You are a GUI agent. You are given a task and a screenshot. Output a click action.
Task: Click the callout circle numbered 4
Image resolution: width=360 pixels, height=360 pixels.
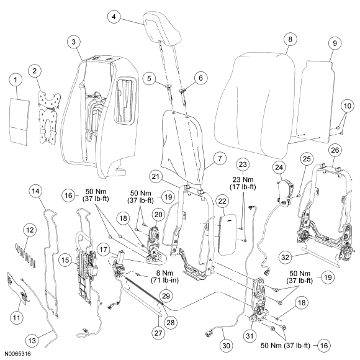click(114, 17)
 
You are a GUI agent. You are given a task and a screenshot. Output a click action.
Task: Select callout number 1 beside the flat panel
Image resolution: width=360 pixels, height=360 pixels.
click(16, 79)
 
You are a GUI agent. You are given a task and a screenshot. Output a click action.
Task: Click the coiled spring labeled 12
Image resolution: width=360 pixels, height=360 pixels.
click(25, 256)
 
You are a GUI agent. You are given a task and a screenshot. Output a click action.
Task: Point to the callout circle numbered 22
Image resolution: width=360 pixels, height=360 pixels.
click(222, 201)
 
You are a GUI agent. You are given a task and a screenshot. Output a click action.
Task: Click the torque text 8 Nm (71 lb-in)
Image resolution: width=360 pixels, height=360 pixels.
click(164, 277)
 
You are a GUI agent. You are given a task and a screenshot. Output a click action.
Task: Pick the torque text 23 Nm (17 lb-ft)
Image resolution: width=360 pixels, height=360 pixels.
click(243, 183)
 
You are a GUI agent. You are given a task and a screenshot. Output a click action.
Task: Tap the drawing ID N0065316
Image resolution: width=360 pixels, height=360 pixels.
click(17, 353)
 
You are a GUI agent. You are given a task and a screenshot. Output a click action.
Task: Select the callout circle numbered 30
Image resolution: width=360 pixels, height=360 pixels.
click(226, 346)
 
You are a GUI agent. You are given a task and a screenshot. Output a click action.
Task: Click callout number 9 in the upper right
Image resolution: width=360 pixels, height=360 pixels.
click(335, 43)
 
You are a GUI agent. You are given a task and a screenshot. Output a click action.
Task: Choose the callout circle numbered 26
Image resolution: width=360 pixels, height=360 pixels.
click(335, 150)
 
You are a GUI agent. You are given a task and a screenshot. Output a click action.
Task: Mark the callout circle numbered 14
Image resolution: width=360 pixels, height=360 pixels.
click(35, 191)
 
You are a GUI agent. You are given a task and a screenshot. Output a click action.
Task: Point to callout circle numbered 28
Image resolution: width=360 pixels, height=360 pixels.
click(171, 323)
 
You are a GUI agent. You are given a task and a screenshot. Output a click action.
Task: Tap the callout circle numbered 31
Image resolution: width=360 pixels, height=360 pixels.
click(250, 336)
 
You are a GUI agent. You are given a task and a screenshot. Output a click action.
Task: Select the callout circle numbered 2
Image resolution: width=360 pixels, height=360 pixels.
click(34, 71)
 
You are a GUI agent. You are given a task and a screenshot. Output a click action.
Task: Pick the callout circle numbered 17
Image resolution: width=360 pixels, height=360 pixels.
click(104, 250)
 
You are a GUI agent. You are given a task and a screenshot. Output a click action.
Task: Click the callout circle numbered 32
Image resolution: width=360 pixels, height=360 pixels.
click(285, 258)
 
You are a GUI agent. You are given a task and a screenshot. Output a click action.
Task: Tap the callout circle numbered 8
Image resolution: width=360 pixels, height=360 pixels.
click(290, 39)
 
